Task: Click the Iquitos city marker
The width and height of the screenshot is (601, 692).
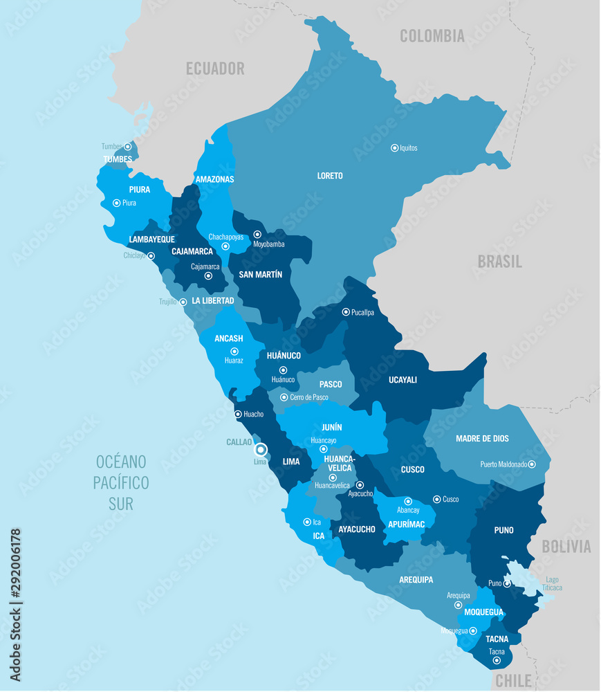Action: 394,147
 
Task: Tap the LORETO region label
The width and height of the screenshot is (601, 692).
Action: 330,176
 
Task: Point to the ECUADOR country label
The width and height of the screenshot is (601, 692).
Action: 215,69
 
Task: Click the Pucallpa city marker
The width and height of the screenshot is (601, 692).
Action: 346,312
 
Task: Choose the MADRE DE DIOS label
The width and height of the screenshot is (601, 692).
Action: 482,439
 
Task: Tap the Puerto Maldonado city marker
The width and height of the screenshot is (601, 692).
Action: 531,464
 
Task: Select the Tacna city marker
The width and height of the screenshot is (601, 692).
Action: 497,661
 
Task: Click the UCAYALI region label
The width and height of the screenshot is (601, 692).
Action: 403,380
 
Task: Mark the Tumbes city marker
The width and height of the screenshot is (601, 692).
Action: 127,147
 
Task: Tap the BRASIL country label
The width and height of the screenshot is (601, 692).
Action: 499,262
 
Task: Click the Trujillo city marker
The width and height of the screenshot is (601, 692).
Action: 183,302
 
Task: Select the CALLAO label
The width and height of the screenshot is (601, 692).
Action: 239,441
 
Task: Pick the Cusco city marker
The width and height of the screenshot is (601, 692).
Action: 436,499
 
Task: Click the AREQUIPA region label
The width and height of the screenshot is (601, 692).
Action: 416,579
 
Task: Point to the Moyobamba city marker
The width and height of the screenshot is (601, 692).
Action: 257,235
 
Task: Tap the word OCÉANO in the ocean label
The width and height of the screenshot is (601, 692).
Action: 121,462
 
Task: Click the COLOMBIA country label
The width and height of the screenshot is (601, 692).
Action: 432,37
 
